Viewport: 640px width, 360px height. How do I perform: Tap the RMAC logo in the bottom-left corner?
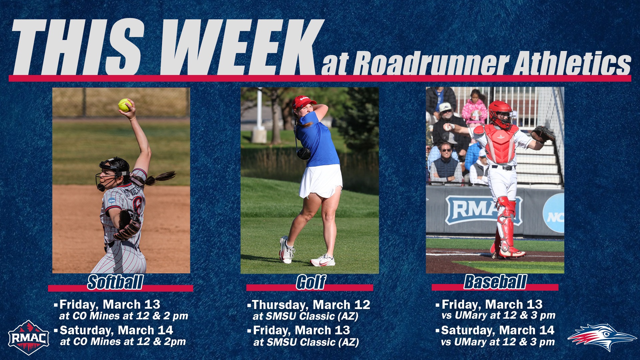[x=29, y=337]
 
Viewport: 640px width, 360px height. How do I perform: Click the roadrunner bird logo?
[x=602, y=337]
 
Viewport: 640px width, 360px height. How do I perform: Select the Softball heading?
[x=115, y=282]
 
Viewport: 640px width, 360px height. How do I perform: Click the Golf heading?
[x=311, y=282]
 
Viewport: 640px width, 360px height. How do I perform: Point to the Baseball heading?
[x=495, y=282]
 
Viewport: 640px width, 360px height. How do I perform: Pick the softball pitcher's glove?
[x=128, y=225]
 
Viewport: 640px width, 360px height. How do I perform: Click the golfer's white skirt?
[x=321, y=181]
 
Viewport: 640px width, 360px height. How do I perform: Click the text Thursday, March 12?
[x=311, y=305]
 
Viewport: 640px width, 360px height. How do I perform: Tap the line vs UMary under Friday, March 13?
[x=498, y=315]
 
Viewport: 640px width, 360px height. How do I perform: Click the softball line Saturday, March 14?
[x=116, y=330]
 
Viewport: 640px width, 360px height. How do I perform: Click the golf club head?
[x=304, y=153]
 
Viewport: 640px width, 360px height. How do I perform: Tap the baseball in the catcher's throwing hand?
[x=448, y=127]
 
